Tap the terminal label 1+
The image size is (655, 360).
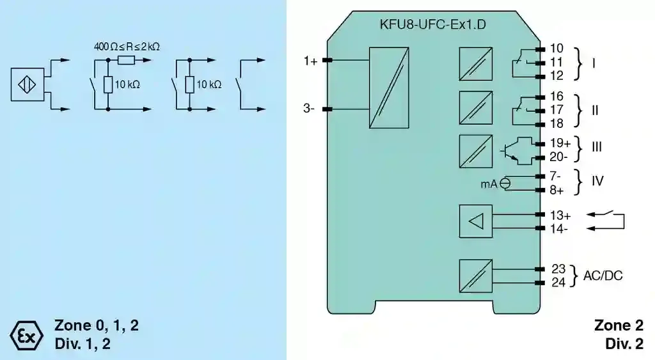[311, 61]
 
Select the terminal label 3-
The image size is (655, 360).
[309, 109]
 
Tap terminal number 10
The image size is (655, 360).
[556, 49]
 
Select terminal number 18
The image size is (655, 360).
[556, 124]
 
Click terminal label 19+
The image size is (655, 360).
[560, 142]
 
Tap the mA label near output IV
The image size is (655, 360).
[489, 184]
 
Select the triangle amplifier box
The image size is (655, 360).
[475, 221]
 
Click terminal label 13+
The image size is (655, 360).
[560, 215]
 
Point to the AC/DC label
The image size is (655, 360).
[603, 276]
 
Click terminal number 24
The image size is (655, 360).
[558, 283]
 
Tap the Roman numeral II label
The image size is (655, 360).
[595, 110]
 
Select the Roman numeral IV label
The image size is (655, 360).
[597, 182]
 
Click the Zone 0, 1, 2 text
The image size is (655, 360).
[97, 325]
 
